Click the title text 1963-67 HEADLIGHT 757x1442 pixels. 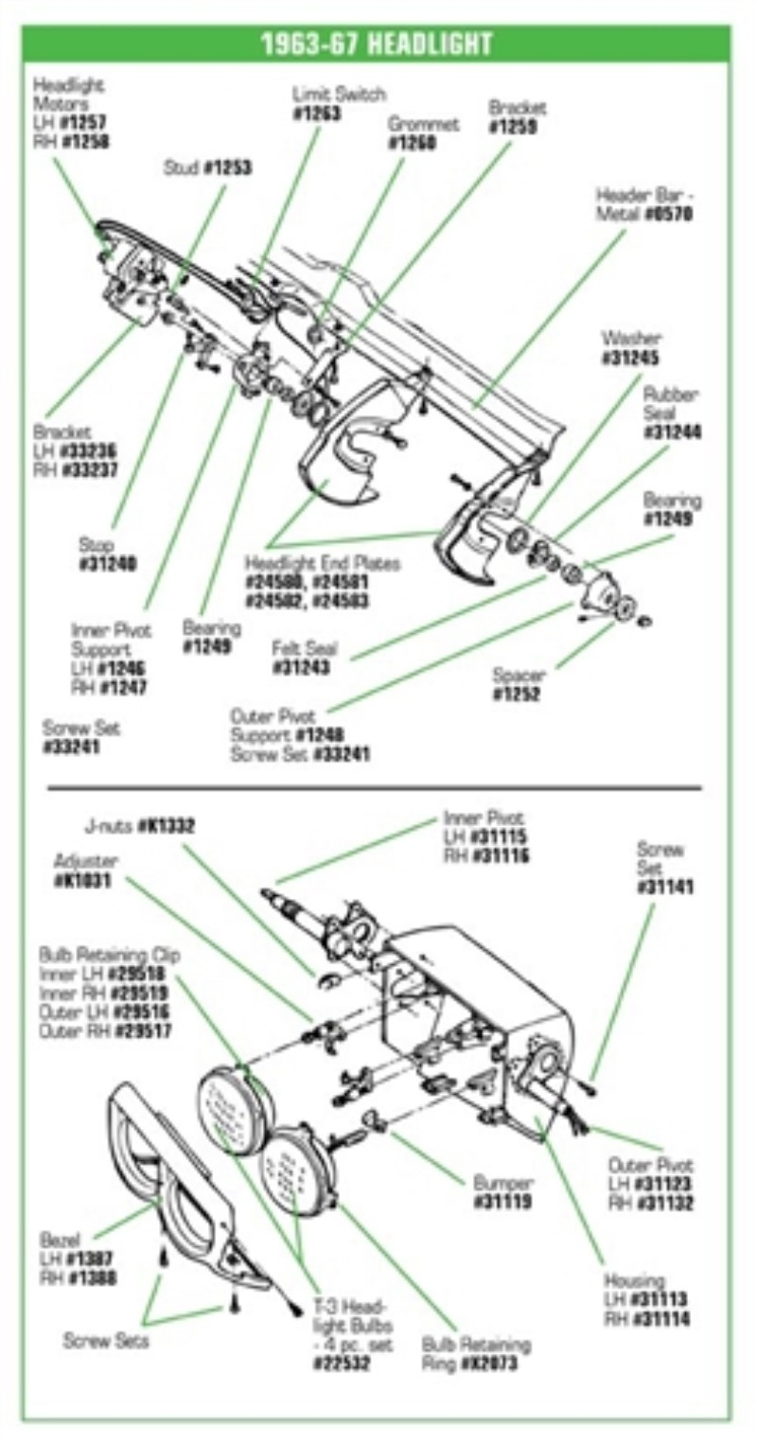[x=376, y=44]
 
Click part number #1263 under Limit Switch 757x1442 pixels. [x=317, y=114]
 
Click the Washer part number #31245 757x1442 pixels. [x=629, y=359]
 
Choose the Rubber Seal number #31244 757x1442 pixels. [x=673, y=432]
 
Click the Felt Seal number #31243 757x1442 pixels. [x=302, y=668]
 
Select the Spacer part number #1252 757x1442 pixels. [x=517, y=695]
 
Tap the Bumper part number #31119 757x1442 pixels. [x=503, y=1203]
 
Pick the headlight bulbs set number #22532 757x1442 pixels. [x=342, y=1363]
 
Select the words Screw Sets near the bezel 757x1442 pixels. [x=105, y=1341]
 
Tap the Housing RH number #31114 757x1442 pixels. [x=661, y=1319]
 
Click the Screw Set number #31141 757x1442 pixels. [x=665, y=888]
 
